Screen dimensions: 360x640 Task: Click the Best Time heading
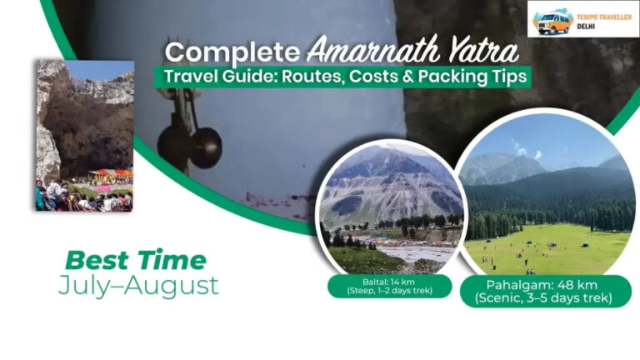[135, 260]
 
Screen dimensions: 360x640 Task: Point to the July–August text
[138, 286]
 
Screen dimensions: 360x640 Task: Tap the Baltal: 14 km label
[389, 282]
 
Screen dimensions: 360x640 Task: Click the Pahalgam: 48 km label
[546, 284]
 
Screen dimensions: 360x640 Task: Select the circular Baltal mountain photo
[390, 208]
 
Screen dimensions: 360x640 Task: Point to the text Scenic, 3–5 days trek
[546, 297]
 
